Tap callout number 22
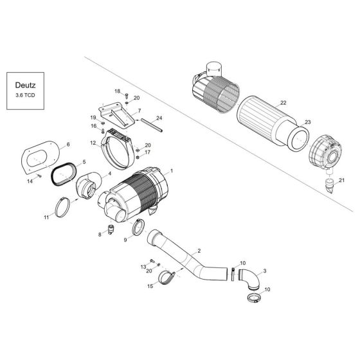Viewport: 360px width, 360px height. (x=283, y=104)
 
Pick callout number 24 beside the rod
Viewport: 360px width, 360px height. (x=159, y=118)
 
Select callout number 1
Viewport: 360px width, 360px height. (x=171, y=172)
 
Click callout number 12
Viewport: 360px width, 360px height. (x=93, y=143)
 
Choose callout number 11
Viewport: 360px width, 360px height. (x=46, y=218)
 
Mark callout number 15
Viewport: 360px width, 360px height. (x=150, y=285)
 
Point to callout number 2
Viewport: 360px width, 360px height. (x=200, y=250)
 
